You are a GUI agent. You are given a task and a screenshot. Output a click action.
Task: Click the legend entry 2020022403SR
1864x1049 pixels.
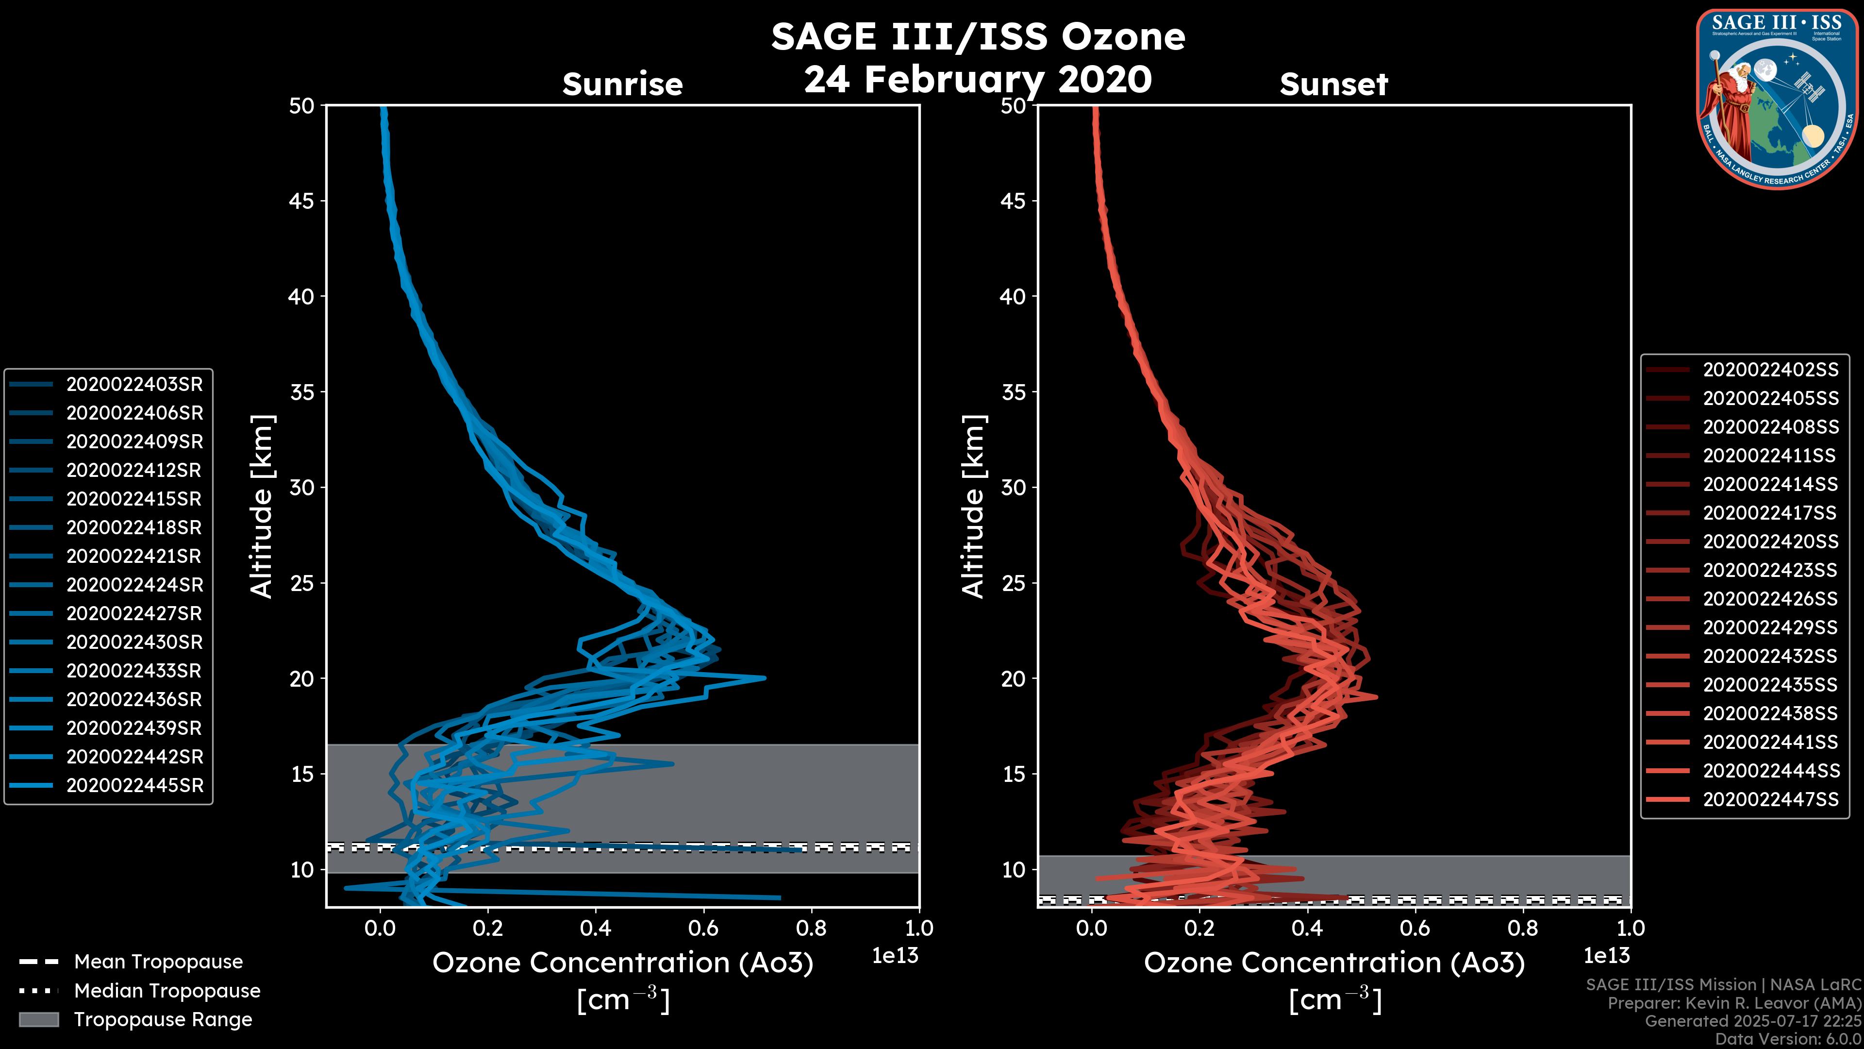[134, 385]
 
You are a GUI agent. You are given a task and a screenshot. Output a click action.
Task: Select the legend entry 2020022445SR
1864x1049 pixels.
[134, 785]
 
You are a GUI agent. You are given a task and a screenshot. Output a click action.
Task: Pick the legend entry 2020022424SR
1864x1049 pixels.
[134, 585]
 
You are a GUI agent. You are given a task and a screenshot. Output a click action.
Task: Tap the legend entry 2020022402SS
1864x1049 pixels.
[1770, 370]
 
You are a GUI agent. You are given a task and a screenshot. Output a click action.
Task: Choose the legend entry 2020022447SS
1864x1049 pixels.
[1770, 799]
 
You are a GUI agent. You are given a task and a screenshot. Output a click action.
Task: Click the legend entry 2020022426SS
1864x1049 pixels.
[1770, 599]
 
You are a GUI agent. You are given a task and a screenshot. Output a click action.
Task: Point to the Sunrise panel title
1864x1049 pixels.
[622, 84]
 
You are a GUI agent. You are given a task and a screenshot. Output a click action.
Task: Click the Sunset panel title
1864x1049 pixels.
[1333, 84]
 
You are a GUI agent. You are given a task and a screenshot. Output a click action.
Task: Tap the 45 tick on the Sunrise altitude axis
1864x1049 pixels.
[302, 201]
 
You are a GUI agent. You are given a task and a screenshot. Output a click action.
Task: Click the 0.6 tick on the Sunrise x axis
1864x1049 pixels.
[703, 928]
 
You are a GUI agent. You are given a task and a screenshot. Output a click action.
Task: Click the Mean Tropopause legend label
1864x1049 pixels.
[158, 962]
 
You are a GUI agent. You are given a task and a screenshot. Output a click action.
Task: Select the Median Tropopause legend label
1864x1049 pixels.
[167, 991]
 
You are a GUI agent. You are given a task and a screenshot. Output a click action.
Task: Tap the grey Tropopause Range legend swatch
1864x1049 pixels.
[38, 1020]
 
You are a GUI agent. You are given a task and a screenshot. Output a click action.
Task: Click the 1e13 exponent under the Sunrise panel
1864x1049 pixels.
[895, 956]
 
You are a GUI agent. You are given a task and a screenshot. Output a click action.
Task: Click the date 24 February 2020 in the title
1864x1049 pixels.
[978, 79]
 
